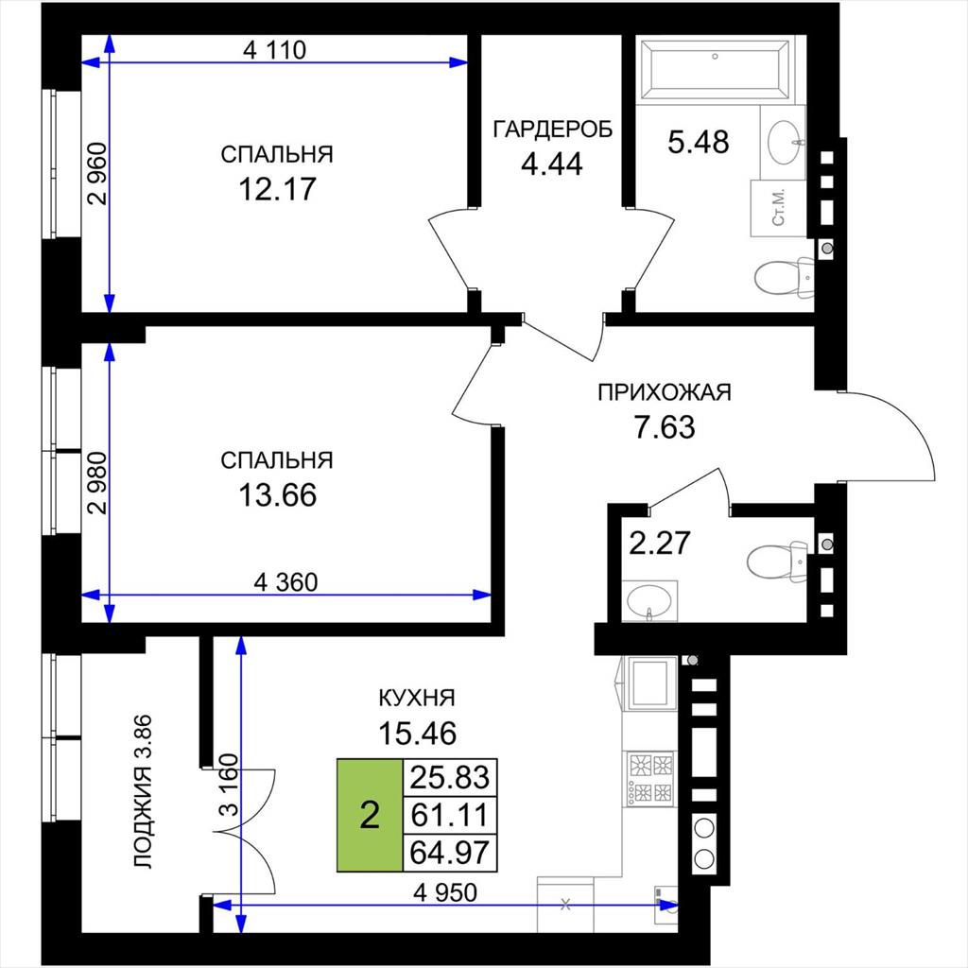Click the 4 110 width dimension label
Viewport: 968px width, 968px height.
(275, 49)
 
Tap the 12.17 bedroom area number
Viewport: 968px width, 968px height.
(277, 189)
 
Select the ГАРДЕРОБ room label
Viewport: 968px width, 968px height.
(552, 130)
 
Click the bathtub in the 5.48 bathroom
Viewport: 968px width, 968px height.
(715, 69)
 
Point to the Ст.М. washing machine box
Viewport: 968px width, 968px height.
(779, 208)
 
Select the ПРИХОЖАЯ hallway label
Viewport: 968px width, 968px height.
(665, 392)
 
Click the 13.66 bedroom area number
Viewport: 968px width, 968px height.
(277, 495)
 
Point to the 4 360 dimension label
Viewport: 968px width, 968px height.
(285, 582)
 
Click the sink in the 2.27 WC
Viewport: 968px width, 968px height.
(649, 600)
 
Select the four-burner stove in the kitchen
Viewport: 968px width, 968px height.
(650, 777)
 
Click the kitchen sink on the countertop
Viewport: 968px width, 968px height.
(649, 683)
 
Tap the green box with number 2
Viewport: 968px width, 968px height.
(370, 815)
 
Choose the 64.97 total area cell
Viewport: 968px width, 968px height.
(449, 853)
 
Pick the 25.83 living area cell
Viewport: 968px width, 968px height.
(449, 777)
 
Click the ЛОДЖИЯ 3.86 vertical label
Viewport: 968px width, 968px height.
(143, 791)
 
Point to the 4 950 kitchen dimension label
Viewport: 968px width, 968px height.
(445, 892)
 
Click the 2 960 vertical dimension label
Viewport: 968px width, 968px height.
(97, 174)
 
